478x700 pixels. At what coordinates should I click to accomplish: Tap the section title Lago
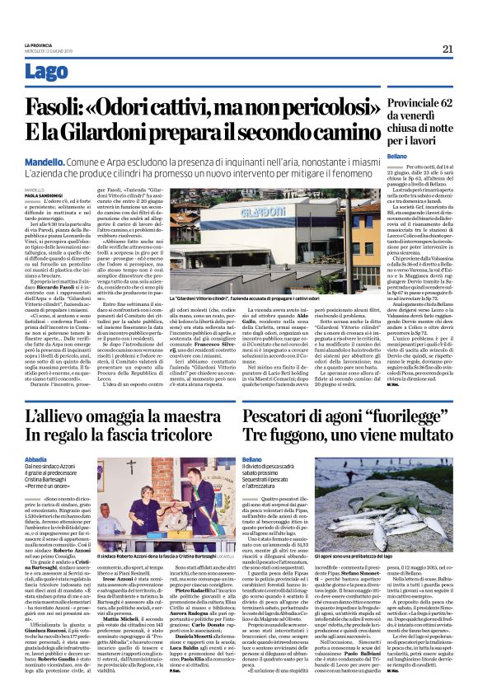(x=46, y=72)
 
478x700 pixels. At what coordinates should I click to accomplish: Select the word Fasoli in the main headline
(x=57, y=106)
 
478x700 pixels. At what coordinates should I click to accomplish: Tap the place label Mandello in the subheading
(x=45, y=157)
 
